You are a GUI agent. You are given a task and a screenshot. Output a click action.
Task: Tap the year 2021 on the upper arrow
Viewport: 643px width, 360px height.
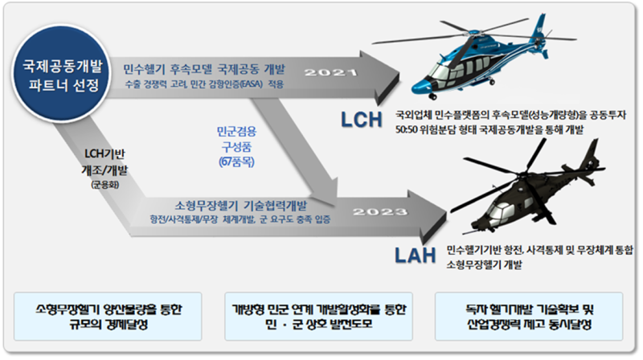332,73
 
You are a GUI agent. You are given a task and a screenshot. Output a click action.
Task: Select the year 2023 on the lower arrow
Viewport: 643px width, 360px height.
379,212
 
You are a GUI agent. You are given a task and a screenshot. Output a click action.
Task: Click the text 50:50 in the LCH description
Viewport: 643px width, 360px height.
398,131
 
